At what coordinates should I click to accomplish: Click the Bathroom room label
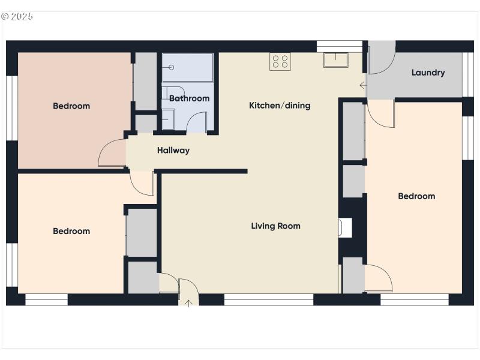(x=189, y=98)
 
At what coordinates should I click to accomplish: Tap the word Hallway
(x=173, y=151)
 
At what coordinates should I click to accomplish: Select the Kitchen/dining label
(x=280, y=106)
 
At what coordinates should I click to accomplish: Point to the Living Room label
(x=275, y=226)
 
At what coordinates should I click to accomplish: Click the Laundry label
(x=428, y=73)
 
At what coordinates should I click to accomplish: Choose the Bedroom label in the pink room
(x=71, y=106)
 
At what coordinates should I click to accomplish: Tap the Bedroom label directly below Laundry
(x=416, y=196)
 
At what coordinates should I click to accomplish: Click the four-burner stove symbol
(x=280, y=61)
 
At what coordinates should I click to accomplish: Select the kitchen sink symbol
(x=334, y=59)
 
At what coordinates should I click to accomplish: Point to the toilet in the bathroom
(x=167, y=93)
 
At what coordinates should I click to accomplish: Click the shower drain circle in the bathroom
(x=172, y=67)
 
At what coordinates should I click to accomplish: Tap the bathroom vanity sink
(x=168, y=118)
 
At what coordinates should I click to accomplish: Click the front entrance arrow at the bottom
(x=188, y=302)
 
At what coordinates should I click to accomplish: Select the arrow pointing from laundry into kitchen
(x=362, y=86)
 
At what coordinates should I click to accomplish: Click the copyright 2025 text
(x=17, y=16)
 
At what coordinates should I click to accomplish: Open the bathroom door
(x=197, y=122)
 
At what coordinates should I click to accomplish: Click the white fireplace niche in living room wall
(x=345, y=228)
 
